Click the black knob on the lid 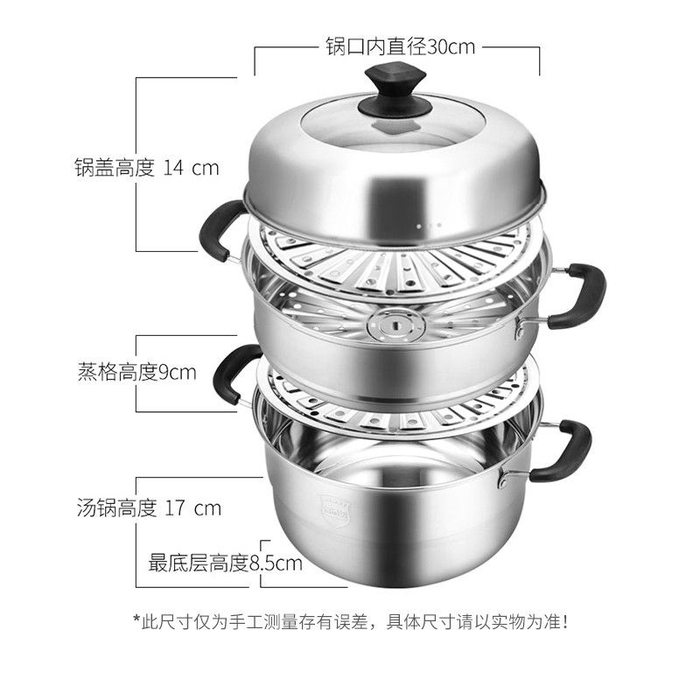[x=395, y=94]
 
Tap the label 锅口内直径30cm [x=400, y=47]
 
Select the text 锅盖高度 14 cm [x=147, y=168]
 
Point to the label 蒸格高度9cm [x=137, y=373]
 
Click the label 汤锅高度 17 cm [x=149, y=508]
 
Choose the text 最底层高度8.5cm [x=226, y=563]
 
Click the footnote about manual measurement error [x=351, y=621]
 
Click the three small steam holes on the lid [x=429, y=226]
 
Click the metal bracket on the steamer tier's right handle [x=521, y=329]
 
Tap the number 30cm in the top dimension [x=451, y=47]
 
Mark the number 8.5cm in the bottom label [x=276, y=563]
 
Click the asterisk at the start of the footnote [x=136, y=619]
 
